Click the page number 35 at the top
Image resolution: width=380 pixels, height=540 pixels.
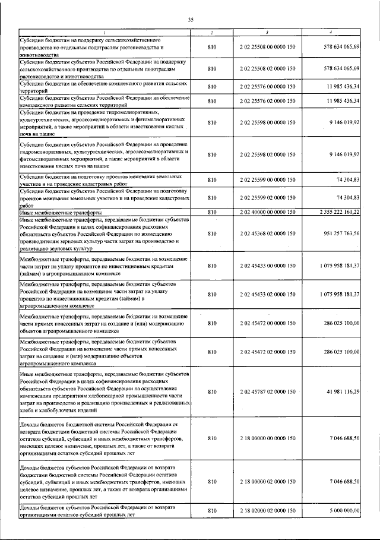click(191, 20)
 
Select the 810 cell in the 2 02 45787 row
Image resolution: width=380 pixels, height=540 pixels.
click(211, 392)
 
